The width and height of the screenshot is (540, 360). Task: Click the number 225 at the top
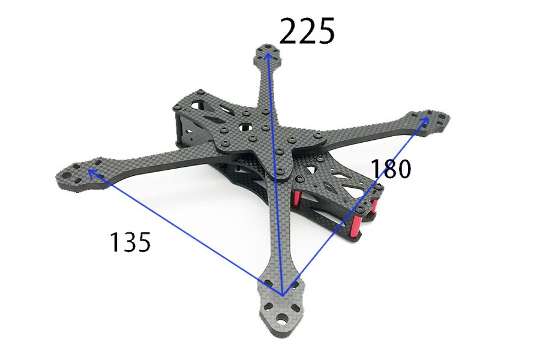pyautogui.click(x=307, y=31)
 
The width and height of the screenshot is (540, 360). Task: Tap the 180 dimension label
pyautogui.click(x=391, y=169)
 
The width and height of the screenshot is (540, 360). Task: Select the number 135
pyautogui.click(x=130, y=242)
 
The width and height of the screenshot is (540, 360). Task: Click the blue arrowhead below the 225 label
pyautogui.click(x=268, y=56)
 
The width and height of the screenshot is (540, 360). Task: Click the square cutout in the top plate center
pyautogui.click(x=245, y=128)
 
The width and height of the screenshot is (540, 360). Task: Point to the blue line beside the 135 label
pyautogui.click(x=180, y=230)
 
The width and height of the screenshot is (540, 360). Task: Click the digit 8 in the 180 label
pyautogui.click(x=390, y=169)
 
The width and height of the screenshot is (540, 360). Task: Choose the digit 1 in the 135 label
pyautogui.click(x=114, y=242)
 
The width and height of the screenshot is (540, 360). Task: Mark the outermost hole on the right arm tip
pyautogui.click(x=442, y=118)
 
